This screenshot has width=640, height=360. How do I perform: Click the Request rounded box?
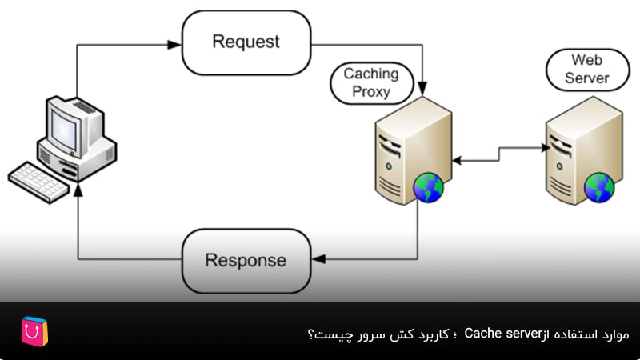coord(246,42)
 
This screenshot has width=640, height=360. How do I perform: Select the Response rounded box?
coord(246,260)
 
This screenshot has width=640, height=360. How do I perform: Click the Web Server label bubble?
coord(587,69)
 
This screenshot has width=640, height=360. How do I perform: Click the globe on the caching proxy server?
coord(429,188)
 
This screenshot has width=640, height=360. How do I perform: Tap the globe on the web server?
coord(599,188)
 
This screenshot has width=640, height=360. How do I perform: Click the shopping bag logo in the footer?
coord(34,332)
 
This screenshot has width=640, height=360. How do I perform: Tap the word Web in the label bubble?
coord(587,60)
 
